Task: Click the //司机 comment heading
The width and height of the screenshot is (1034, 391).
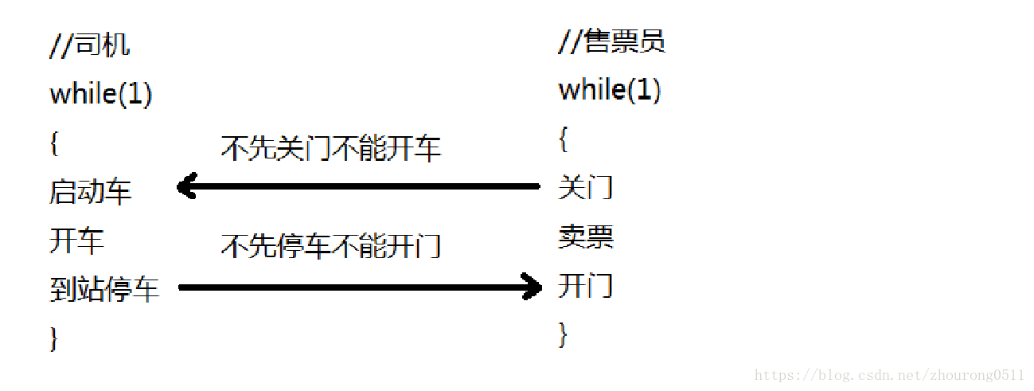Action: pyautogui.click(x=89, y=45)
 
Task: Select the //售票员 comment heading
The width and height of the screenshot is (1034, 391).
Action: pyautogui.click(x=611, y=41)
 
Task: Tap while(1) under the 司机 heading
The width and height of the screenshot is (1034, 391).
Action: pyautogui.click(x=100, y=95)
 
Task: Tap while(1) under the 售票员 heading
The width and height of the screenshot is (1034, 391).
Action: pyautogui.click(x=610, y=90)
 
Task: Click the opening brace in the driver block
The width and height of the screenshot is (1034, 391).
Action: pyautogui.click(x=53, y=143)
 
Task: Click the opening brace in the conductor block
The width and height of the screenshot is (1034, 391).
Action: pyautogui.click(x=563, y=139)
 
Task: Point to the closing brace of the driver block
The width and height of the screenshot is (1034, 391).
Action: pyautogui.click(x=53, y=338)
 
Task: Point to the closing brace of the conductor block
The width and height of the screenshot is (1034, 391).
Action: pyautogui.click(x=563, y=334)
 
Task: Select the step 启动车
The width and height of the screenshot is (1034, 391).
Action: pyautogui.click(x=90, y=192)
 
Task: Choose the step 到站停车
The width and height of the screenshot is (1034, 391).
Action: pyautogui.click(x=104, y=290)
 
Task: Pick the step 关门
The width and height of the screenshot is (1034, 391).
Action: pyautogui.click(x=585, y=188)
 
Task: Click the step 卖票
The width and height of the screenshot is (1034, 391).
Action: pyautogui.click(x=585, y=237)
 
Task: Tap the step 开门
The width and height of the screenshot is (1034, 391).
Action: pyautogui.click(x=585, y=285)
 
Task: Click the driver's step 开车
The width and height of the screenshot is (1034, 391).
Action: pyautogui.click(x=76, y=240)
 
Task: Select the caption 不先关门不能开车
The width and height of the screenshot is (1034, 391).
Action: pyautogui.click(x=330, y=149)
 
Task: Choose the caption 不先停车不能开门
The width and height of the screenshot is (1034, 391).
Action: pyautogui.click(x=330, y=246)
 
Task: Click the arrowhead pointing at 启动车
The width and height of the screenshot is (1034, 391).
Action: pyautogui.click(x=187, y=187)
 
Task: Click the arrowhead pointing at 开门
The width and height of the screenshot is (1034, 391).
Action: pyautogui.click(x=532, y=287)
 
